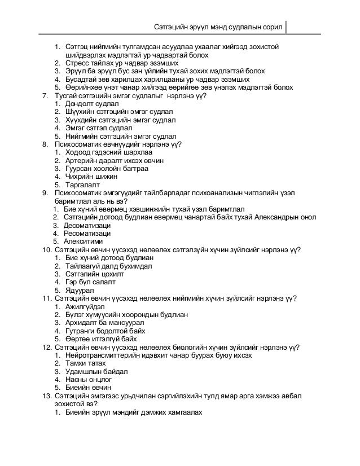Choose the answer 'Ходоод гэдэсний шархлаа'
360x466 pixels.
(107, 152)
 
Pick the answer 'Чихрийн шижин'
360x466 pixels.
(89, 176)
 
